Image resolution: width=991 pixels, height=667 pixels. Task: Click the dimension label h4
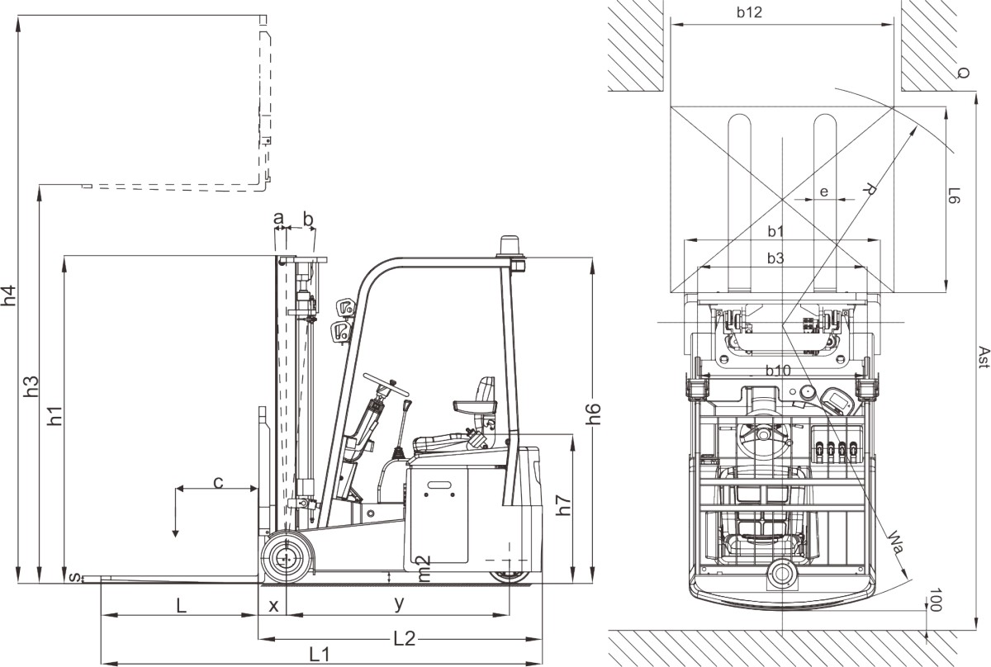tap(9, 296)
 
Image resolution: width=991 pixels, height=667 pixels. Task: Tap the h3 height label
tap(31, 386)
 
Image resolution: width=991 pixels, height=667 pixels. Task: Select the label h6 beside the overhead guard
tap(593, 414)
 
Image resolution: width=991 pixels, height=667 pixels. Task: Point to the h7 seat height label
tap(563, 504)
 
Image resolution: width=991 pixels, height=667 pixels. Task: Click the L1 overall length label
tap(320, 654)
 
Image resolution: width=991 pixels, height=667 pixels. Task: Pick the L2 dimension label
tap(405, 639)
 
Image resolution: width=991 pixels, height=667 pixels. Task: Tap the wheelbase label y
tap(399, 603)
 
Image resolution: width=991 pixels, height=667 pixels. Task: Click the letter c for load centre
tap(218, 483)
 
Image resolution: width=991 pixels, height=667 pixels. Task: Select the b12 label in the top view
tap(750, 12)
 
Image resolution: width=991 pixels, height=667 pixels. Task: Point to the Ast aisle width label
tap(983, 357)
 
